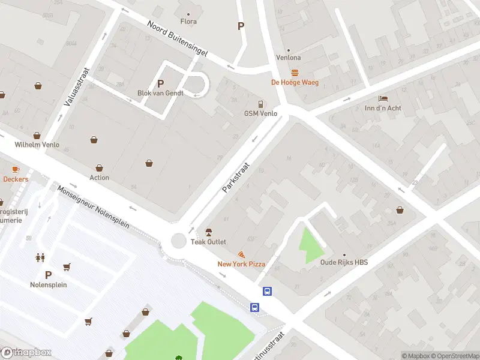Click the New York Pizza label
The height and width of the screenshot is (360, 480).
[241, 265]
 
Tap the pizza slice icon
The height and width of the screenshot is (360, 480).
[241, 255]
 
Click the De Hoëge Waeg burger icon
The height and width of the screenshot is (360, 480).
[295, 73]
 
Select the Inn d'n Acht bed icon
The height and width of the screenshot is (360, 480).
[383, 98]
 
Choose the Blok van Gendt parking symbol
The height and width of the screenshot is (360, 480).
[160, 84]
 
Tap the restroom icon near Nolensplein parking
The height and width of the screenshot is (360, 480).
[40, 257]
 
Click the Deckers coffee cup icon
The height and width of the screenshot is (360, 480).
[16, 169]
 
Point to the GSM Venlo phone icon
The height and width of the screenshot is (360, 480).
[260, 104]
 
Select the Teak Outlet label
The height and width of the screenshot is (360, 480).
[208, 242]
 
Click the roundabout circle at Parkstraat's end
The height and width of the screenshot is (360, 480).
[178, 241]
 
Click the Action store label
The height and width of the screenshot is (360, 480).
[100, 178]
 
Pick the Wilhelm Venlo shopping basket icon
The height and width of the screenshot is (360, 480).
[37, 135]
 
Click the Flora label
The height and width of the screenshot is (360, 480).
[188, 22]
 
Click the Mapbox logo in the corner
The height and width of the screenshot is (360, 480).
[26, 352]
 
